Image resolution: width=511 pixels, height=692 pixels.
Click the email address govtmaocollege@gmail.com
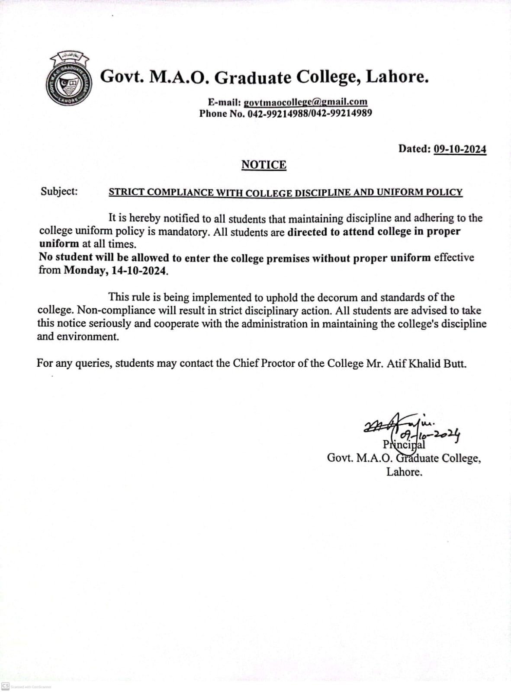[305, 103]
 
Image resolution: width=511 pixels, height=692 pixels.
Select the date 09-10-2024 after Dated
[460, 149]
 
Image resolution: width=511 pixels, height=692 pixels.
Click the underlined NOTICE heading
[264, 165]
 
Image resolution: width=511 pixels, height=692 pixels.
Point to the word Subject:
[59, 191]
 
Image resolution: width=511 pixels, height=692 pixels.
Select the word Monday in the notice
[84, 271]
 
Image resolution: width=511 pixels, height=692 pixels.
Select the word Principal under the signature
[404, 445]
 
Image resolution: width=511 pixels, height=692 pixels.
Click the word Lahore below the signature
[404, 472]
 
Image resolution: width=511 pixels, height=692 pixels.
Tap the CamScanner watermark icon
[6, 686]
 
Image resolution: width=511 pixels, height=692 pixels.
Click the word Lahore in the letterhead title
[397, 77]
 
